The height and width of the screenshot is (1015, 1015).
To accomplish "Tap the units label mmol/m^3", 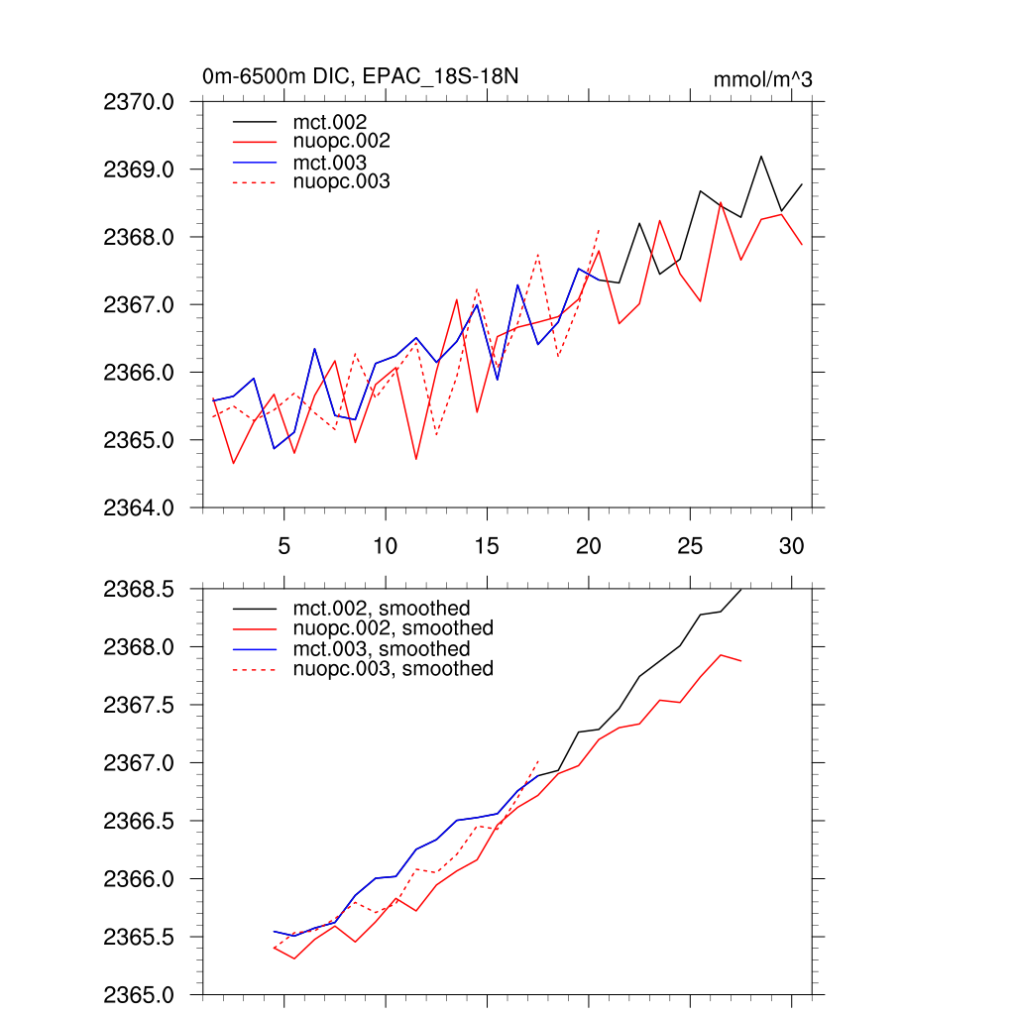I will pos(762,79).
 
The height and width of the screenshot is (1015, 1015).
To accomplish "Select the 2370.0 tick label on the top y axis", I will pos(139,102).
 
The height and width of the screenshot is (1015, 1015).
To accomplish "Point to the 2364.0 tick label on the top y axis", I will pos(139,507).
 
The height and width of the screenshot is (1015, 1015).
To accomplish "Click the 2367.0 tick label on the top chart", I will pos(139,305).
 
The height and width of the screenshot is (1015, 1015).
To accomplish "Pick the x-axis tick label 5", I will pos(283,546).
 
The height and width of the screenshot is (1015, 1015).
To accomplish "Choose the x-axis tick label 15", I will pos(486,546).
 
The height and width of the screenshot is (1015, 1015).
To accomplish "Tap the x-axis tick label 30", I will pos(791,546).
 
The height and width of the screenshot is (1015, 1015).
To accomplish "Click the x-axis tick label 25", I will pos(690,546).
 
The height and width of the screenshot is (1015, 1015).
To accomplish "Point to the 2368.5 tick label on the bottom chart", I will pos(139,590).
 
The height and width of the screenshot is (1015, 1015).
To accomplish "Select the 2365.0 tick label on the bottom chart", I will pos(139,994).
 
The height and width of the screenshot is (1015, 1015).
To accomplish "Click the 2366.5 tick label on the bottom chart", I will pos(139,822).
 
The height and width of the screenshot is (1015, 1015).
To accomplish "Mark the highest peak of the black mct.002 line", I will pos(761,156).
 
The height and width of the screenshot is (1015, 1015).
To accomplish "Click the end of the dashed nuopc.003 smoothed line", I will pos(538,761).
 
